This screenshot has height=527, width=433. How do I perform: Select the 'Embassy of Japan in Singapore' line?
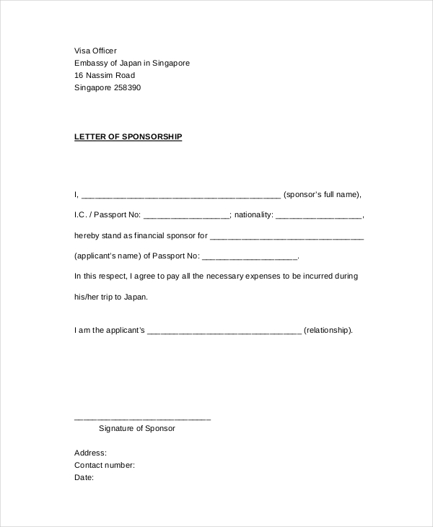(132, 63)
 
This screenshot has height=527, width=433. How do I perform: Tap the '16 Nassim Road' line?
(105, 75)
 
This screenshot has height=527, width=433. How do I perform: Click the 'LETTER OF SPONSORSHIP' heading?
(128, 136)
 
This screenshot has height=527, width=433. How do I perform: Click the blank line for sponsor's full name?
(180, 196)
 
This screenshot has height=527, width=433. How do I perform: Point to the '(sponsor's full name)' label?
(321, 194)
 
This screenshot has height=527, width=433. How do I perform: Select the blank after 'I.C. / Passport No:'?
(186, 216)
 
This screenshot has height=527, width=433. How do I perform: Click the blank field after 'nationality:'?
(318, 216)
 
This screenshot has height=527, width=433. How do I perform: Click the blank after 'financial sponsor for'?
(287, 236)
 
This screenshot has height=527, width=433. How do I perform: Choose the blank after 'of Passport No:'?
(250, 257)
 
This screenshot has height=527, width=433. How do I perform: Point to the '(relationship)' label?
(328, 331)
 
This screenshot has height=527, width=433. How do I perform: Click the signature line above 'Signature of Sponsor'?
(142, 419)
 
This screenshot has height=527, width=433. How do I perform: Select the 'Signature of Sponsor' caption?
(136, 428)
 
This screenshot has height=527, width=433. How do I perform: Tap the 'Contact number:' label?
(105, 465)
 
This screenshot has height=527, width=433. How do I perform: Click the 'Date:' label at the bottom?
(84, 477)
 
